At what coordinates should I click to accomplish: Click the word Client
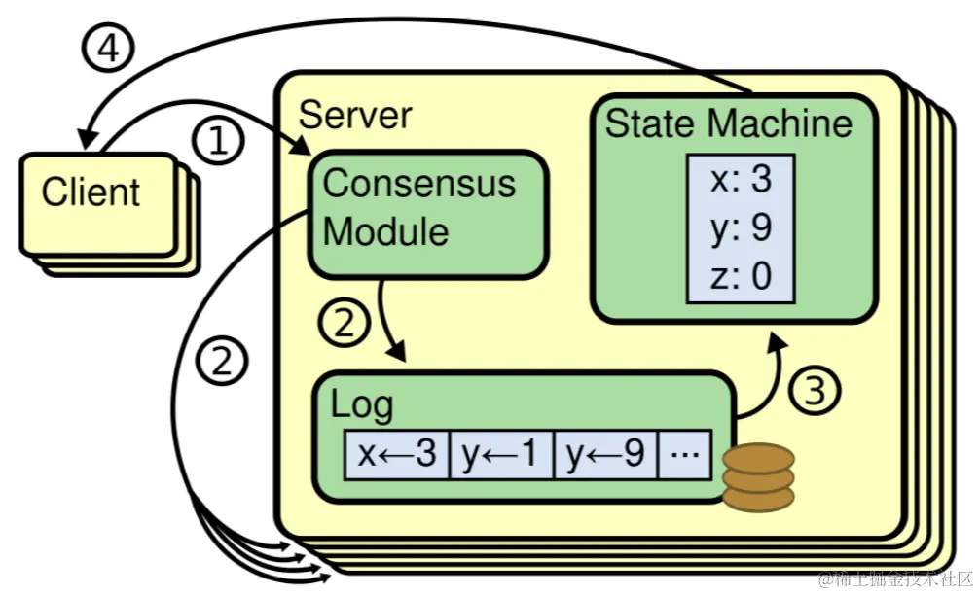(x=91, y=192)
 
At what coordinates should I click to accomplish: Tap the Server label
(x=355, y=114)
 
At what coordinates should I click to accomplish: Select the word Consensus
(x=419, y=183)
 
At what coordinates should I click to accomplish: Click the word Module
(x=385, y=231)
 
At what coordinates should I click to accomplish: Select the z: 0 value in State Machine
(x=741, y=276)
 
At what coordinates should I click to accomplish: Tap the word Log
(x=361, y=403)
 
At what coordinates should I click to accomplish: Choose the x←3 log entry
(x=397, y=454)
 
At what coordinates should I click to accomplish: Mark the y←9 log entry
(x=605, y=454)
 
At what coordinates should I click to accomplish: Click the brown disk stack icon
(x=757, y=478)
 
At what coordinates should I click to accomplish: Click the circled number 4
(x=110, y=49)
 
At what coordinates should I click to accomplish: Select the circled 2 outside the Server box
(x=222, y=362)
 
